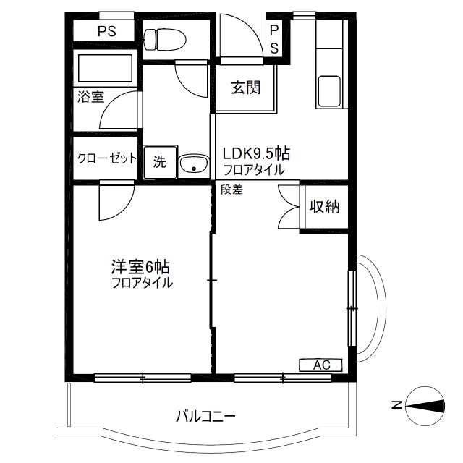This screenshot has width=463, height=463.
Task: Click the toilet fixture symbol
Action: pos(164,40)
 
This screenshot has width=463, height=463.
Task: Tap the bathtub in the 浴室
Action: pos(105,68)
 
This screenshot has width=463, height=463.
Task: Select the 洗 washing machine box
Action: pos(161,162)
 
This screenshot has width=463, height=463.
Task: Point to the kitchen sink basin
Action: pos(328,92)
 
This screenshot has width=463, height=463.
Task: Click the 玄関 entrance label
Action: pos(246,88)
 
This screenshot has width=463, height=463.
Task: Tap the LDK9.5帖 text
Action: pos(256,153)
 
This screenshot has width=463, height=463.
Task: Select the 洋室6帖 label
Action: pos(140,267)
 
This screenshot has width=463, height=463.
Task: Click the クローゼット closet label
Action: pos(106,158)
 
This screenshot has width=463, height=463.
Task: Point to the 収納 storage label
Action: pos(324,207)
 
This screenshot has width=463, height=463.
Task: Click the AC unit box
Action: pos(320,365)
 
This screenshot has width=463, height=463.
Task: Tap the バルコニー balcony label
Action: pos(205,417)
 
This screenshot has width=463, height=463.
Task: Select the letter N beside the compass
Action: pos(397,405)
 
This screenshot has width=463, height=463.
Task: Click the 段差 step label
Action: pos(231,190)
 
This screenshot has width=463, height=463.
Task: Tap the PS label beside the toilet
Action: pos(107,31)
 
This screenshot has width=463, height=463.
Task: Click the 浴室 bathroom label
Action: pos(90,96)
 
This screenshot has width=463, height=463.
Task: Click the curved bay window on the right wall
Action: pos(370,308)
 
